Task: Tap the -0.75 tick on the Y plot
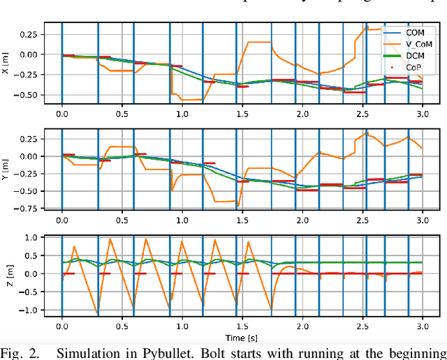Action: pos(28,207)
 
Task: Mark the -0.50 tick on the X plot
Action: pos(28,94)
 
